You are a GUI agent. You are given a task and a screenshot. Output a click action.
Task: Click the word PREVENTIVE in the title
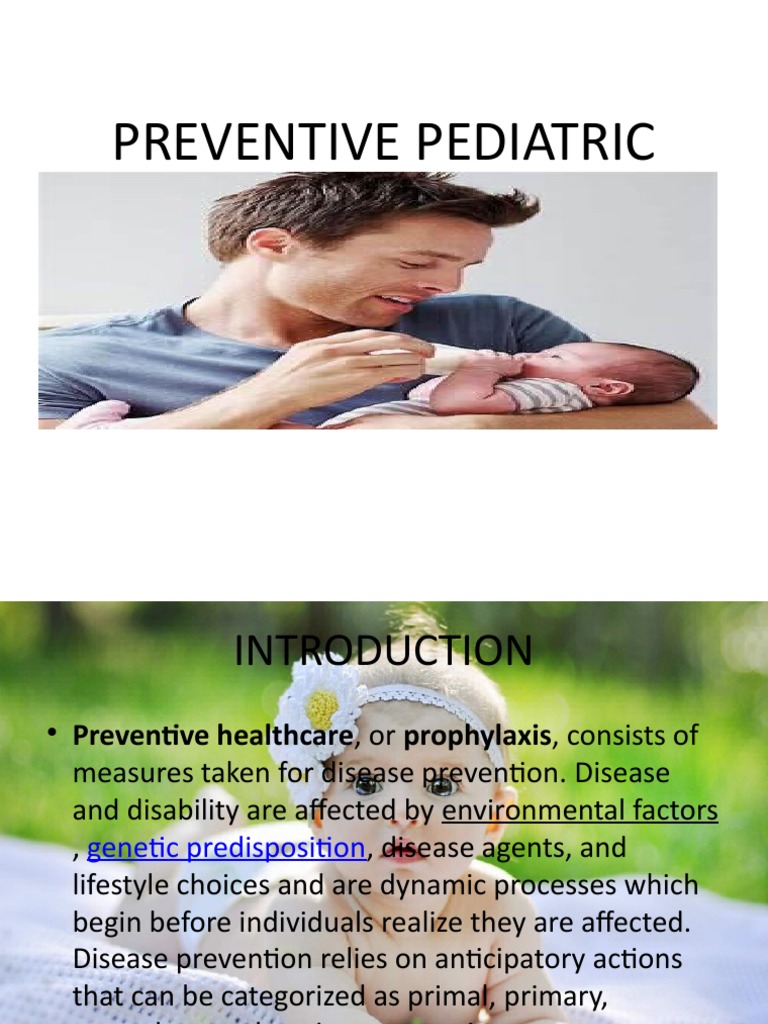(253, 142)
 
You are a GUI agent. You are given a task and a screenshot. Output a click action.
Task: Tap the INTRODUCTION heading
(383, 651)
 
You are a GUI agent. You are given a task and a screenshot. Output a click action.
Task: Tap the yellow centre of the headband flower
(322, 710)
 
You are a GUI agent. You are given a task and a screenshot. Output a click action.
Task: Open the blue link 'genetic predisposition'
(226, 848)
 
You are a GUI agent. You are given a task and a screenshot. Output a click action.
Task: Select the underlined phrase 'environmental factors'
(580, 811)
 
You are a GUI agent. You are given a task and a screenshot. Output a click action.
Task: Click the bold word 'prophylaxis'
(478, 736)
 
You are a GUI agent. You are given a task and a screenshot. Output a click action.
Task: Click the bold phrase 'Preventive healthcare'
(213, 736)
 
